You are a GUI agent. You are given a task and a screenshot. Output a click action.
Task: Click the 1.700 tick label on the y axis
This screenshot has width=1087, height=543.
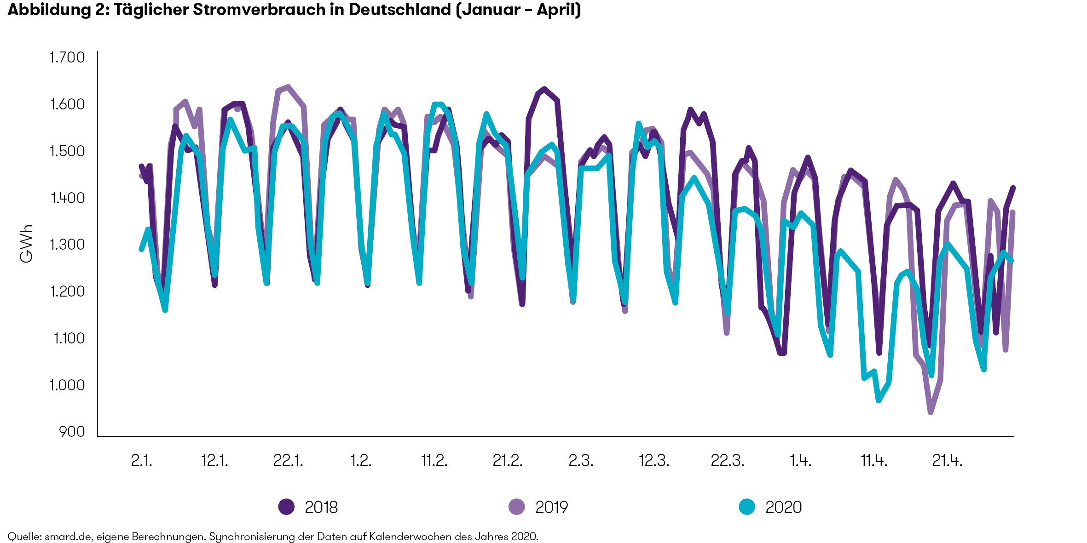(67, 58)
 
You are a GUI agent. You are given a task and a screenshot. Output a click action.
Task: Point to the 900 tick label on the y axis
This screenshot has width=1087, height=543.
(72, 432)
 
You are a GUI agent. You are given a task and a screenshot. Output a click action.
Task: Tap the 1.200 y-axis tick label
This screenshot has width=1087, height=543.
(67, 292)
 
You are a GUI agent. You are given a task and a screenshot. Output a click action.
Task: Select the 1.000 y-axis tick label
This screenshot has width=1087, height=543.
(67, 385)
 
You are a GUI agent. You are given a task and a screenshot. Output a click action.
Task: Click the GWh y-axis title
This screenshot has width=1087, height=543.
(27, 244)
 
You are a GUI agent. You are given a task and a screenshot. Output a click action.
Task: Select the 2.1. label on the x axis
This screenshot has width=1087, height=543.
(141, 460)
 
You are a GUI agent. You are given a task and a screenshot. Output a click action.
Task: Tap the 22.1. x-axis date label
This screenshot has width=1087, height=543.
(288, 460)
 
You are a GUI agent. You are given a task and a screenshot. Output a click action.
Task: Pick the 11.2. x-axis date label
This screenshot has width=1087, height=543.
(434, 460)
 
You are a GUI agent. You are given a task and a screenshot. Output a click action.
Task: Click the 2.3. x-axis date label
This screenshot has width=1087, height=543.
(581, 460)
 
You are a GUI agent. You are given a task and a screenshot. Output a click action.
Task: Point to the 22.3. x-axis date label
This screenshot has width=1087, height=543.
(727, 460)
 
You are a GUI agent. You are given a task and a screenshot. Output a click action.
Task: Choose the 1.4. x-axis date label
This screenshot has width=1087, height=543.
(800, 460)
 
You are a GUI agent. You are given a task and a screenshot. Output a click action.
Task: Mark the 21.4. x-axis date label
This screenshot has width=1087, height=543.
(947, 460)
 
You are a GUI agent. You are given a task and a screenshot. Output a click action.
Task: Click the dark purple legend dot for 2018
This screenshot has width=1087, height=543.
(286, 507)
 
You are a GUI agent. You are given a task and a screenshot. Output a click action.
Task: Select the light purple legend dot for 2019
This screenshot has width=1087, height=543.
(516, 507)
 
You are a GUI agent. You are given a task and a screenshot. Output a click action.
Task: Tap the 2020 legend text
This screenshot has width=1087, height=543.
(783, 507)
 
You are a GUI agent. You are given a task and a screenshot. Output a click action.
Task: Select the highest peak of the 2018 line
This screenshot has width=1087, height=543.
(544, 89)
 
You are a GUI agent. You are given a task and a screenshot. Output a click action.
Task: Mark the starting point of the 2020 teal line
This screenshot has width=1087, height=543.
(141, 249)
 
